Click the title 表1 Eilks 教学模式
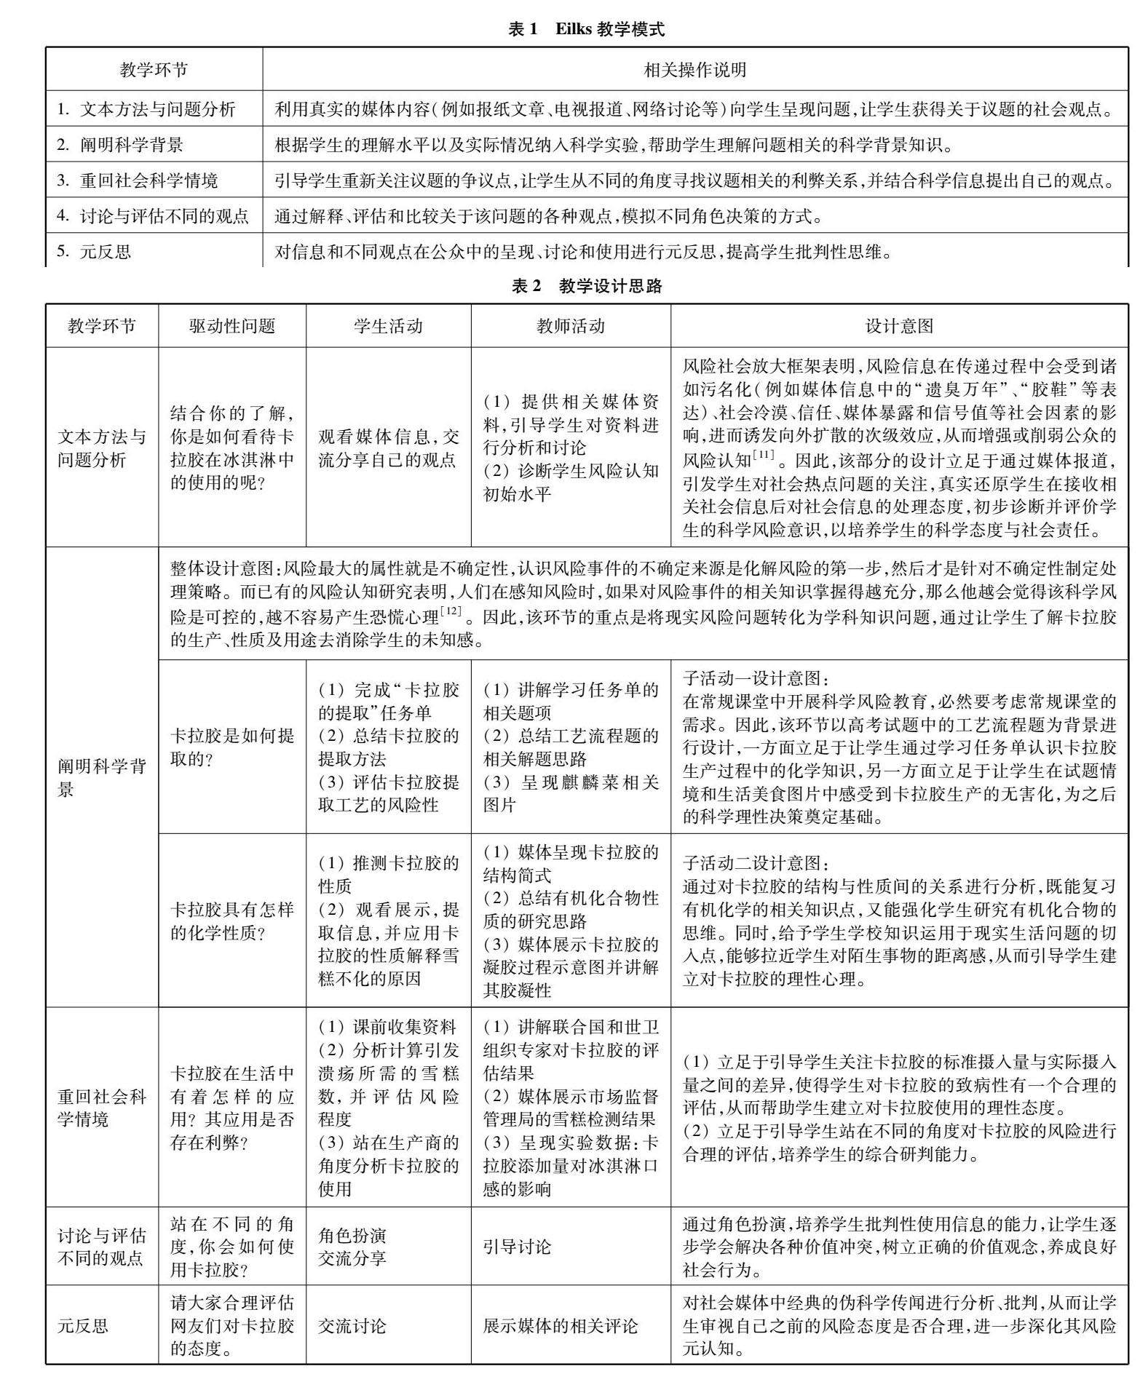pos(586,29)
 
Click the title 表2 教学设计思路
pos(586,286)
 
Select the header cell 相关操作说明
pos(695,70)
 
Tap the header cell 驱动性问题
pos(232,325)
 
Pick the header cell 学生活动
pos(388,325)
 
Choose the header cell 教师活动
pos(571,325)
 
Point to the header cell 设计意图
pos(899,325)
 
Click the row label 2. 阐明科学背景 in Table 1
pos(120,145)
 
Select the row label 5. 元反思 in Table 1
pos(94,252)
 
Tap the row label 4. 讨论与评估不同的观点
pos(153,216)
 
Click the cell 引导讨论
pos(517,1247)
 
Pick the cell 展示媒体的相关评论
pos(560,1325)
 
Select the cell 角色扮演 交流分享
pos(352,1247)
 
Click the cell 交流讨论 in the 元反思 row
pos(352,1325)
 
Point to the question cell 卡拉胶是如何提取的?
pos(232,747)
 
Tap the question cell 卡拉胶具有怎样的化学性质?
pos(232,921)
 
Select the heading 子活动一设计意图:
pos(755,678)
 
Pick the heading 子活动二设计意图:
pos(755,863)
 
